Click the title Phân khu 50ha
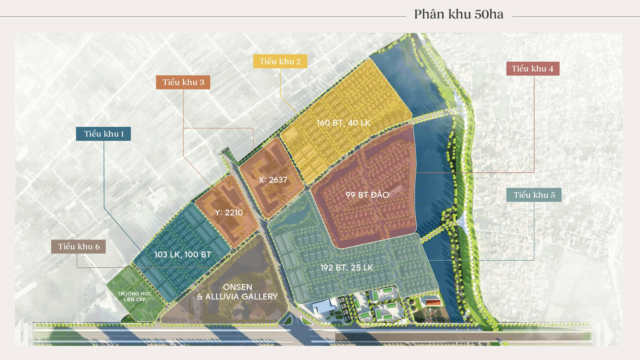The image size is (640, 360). (458, 14)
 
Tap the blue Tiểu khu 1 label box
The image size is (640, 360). (103, 134)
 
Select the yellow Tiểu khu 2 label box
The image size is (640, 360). (280, 61)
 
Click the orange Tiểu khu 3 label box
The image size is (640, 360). (183, 82)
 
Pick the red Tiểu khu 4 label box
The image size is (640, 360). (532, 69)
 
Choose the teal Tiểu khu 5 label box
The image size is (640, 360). (534, 195)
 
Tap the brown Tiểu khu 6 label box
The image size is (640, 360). (78, 247)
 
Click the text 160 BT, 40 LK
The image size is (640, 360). (343, 123)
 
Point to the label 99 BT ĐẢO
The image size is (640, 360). (367, 195)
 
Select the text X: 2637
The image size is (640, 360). (273, 180)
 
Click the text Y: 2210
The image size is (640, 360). (229, 213)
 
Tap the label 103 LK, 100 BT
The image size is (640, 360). (182, 255)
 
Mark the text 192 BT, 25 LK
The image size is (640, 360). (346, 268)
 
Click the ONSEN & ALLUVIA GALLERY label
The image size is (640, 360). (237, 292)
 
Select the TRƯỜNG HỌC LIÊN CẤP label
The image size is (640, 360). (135, 296)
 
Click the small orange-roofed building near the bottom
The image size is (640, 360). (433, 303)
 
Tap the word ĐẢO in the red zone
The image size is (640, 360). (380, 195)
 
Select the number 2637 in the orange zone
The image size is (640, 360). (278, 180)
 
